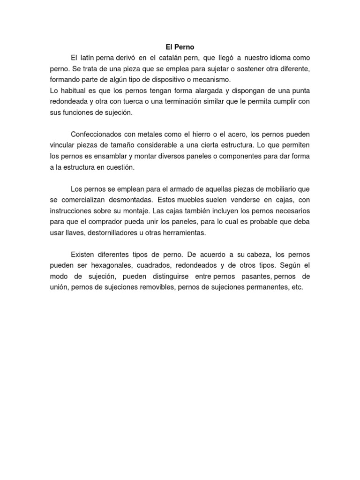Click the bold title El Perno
tap(180, 47)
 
